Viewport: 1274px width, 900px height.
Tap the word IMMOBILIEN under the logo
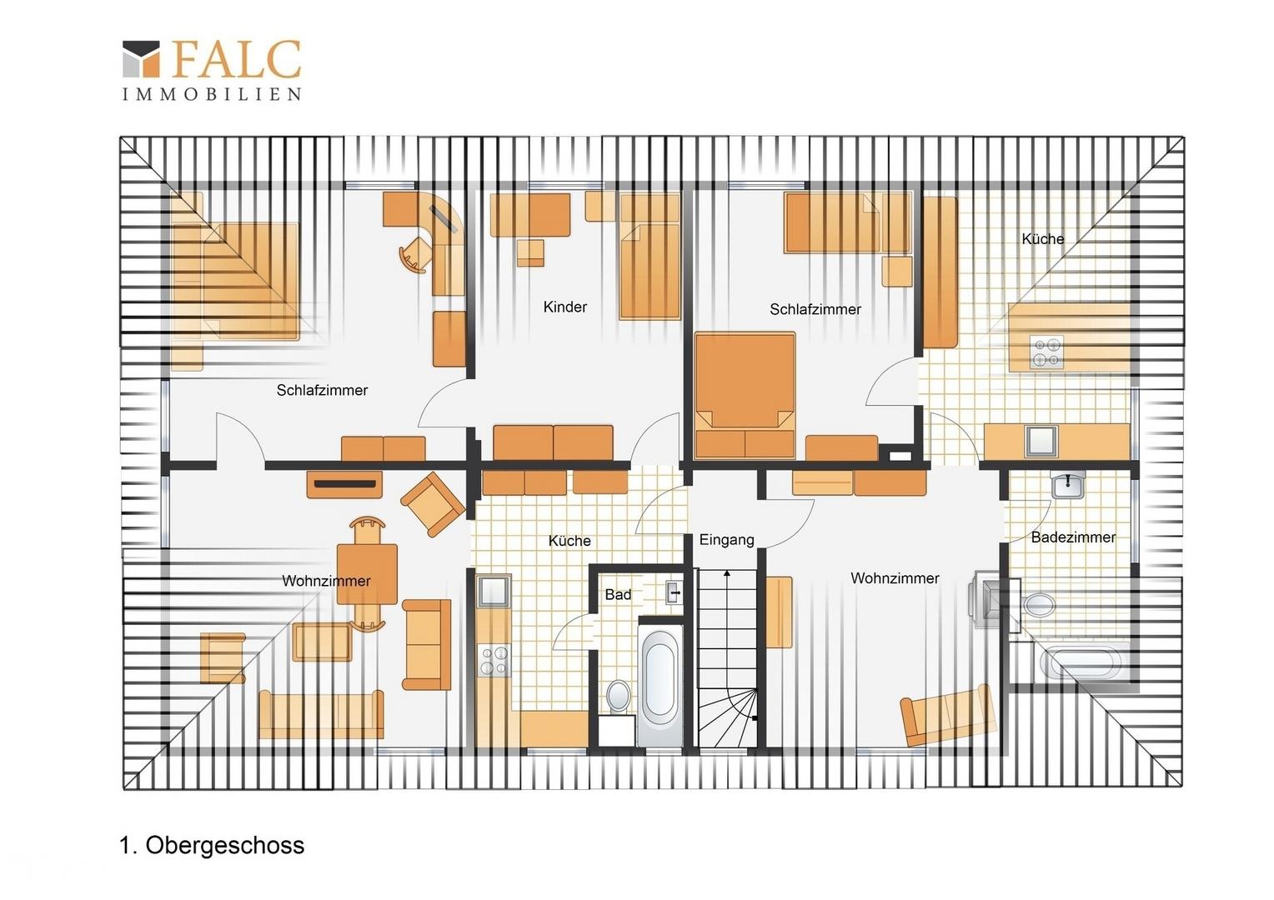point(212,94)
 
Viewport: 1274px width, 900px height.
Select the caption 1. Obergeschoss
point(212,845)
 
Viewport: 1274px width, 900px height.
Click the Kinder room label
point(564,307)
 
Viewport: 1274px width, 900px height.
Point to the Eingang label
point(726,540)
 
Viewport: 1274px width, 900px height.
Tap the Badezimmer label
point(1073,537)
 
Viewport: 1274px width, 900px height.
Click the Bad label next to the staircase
point(618,595)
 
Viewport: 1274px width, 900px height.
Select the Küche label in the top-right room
point(1042,239)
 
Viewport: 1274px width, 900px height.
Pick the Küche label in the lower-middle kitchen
point(569,541)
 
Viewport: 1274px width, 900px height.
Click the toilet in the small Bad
point(618,696)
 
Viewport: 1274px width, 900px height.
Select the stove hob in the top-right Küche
point(1046,352)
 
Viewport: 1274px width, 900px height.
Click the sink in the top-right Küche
point(1041,441)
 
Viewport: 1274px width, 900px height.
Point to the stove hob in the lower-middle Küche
point(494,661)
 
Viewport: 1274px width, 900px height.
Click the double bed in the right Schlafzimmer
point(745,395)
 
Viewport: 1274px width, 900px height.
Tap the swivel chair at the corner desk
point(416,254)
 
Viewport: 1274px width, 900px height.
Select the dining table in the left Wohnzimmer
point(367,573)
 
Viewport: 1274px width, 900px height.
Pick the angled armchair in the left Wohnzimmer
point(433,503)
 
